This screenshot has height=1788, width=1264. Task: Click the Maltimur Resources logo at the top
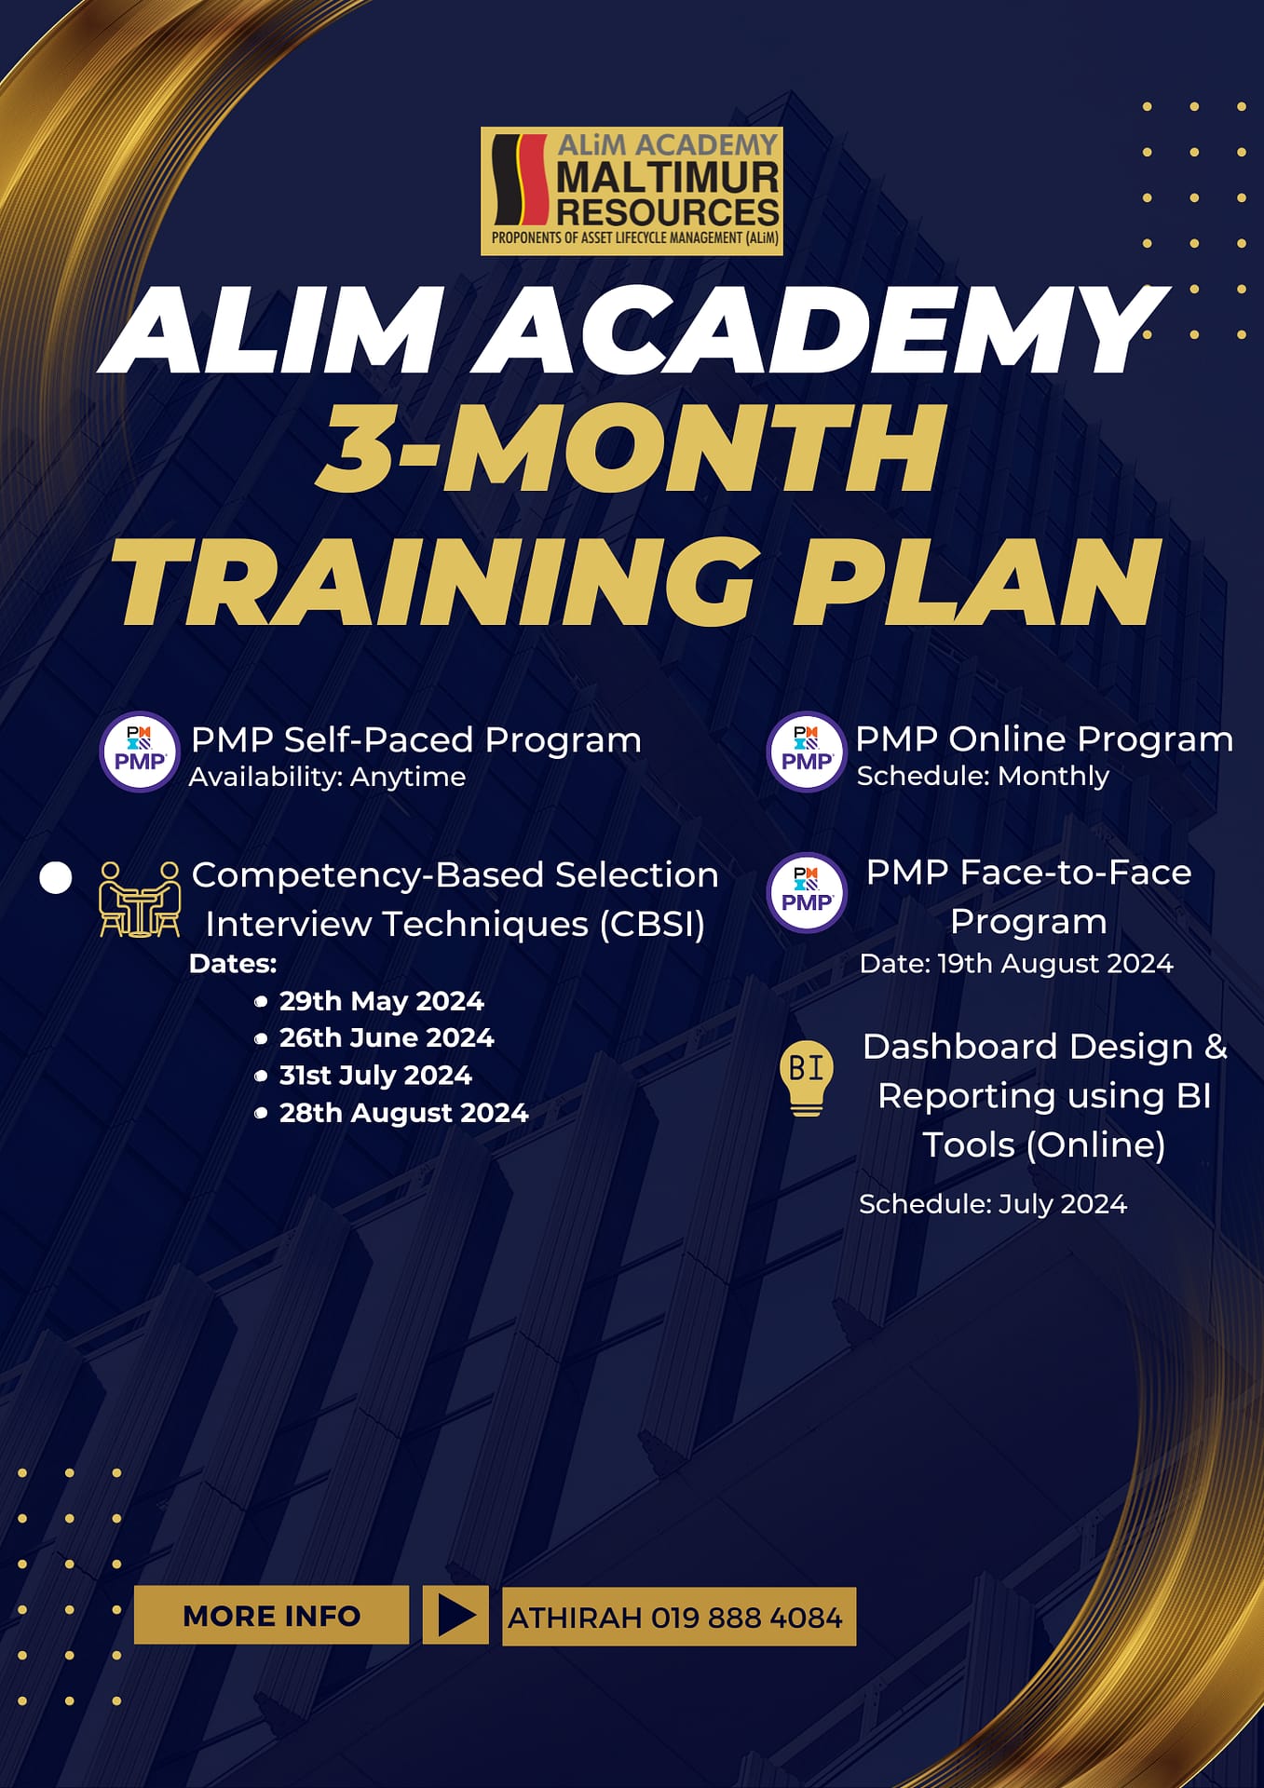point(632,191)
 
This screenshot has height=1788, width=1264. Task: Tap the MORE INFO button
point(271,1615)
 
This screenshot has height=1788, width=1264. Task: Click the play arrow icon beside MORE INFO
point(455,1615)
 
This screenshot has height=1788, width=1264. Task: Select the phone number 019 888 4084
point(746,1618)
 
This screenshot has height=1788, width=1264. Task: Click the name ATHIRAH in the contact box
point(575,1618)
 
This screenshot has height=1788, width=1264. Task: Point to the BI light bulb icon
point(806,1077)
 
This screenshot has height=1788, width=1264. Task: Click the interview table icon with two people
point(140,899)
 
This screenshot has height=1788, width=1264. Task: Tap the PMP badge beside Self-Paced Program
point(140,752)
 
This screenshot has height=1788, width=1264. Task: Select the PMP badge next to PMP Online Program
point(806,752)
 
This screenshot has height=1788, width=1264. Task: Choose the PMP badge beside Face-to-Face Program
point(807,892)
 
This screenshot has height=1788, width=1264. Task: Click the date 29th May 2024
point(381,1001)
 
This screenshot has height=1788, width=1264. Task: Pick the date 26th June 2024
point(386,1037)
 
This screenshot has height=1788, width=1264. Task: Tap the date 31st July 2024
point(375,1075)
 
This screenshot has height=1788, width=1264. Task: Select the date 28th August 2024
point(403,1112)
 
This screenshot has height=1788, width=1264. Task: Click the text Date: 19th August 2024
point(1015,963)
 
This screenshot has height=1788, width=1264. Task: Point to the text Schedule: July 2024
point(992,1203)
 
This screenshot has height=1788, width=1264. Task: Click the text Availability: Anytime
point(327,777)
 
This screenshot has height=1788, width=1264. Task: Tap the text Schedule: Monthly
point(983,776)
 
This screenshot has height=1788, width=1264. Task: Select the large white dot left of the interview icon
point(56,878)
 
